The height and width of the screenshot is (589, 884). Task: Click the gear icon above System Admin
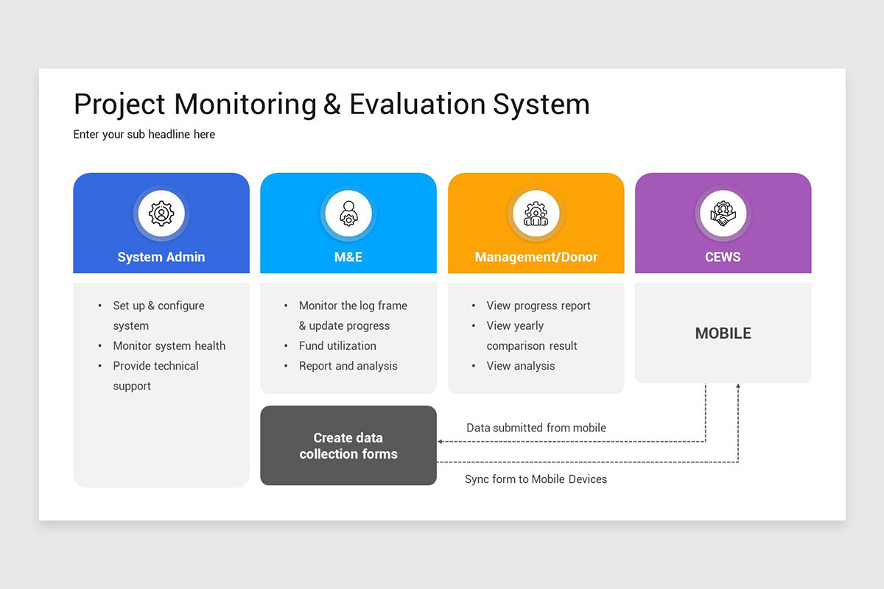coord(161,214)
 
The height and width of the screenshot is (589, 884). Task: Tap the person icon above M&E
coord(348,214)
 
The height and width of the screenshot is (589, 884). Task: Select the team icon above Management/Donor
coord(536,214)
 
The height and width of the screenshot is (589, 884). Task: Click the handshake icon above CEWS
coord(723,214)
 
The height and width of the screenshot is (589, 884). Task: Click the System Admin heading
coord(161,257)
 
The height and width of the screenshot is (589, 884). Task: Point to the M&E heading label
coord(348,257)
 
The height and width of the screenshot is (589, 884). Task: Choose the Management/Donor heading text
coord(536,257)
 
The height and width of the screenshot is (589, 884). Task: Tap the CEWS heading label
coord(723,257)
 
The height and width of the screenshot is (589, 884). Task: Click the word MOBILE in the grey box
coord(723,334)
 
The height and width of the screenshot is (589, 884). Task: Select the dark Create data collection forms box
coord(348,445)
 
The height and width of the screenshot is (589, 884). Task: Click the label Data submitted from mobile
coord(536,428)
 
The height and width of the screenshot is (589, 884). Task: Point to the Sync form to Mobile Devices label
coord(536,479)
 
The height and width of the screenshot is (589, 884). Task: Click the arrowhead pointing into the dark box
coord(441,442)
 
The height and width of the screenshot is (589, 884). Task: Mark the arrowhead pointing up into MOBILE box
coord(738,387)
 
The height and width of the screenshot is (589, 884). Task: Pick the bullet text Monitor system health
coord(169,346)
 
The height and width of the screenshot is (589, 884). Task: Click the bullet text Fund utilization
coord(337,346)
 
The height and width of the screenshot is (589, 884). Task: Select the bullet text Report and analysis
coord(348,366)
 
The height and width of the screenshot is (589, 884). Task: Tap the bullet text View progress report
coord(539,306)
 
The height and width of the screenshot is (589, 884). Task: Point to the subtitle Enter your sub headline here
coord(144,134)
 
